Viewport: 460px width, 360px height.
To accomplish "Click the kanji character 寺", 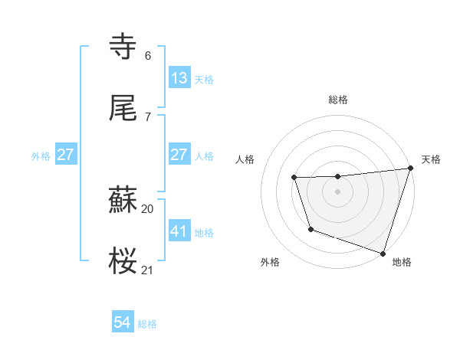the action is click(x=123, y=47).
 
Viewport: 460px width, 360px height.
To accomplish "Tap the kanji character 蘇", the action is click(x=123, y=200).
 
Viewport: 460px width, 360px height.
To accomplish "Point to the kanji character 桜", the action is click(x=123, y=261).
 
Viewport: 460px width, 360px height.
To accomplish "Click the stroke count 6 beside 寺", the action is click(x=147, y=55).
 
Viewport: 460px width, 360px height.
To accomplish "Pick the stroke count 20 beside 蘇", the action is click(x=147, y=208).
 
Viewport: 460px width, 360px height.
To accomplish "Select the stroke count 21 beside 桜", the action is click(x=147, y=270).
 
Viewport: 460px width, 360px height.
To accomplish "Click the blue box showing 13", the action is click(x=179, y=78).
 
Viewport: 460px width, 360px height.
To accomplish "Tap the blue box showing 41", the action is click(x=179, y=231).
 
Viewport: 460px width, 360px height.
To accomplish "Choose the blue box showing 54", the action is click(x=122, y=323).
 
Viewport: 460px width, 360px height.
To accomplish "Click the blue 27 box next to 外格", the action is click(x=65, y=155).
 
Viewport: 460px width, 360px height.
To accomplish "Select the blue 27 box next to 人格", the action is click(x=179, y=155).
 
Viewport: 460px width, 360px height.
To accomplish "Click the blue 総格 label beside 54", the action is click(x=147, y=324).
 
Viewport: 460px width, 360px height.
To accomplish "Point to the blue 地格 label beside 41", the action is click(x=204, y=232).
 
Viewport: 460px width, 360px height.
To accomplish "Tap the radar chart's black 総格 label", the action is click(x=338, y=100).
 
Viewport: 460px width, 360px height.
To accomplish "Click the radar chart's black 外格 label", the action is click(x=270, y=262).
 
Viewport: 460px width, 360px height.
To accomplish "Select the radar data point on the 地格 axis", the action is click(x=383, y=253).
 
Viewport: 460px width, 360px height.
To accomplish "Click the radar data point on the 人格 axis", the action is click(x=294, y=178).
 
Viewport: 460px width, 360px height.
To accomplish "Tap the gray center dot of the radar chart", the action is click(x=338, y=191).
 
